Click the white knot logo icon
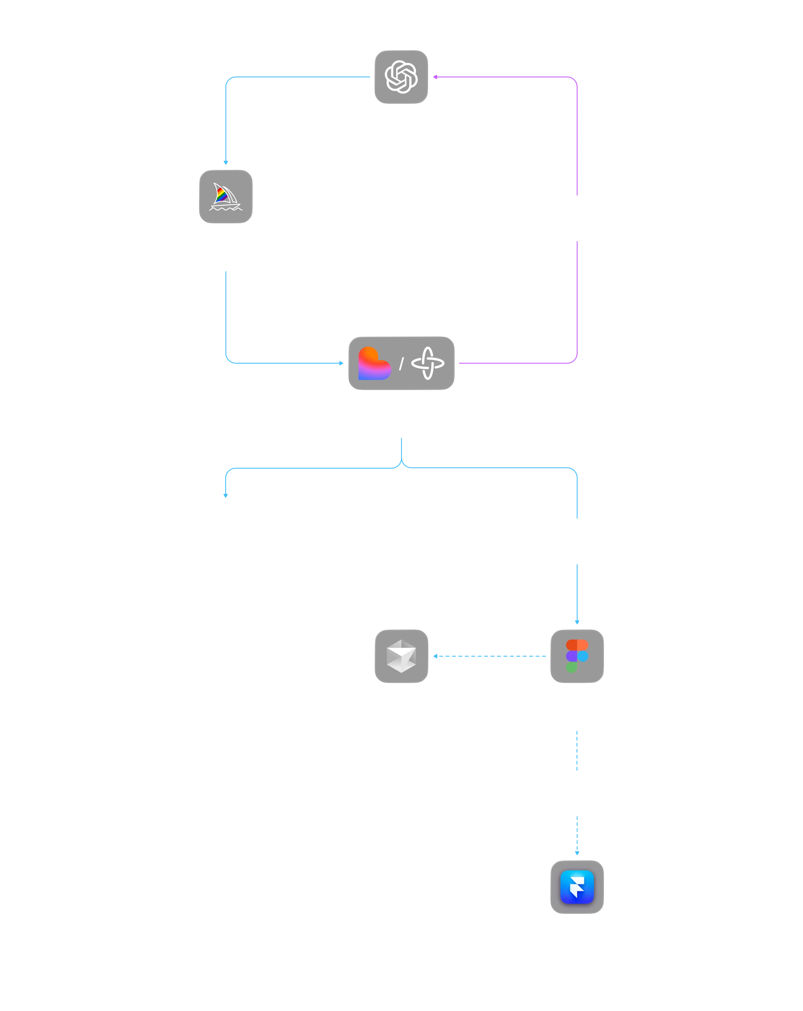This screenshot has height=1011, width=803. click(x=401, y=76)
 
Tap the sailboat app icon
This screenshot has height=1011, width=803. click(x=226, y=197)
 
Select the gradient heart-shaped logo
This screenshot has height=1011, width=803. click(x=374, y=363)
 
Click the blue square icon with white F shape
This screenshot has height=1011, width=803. click(x=576, y=887)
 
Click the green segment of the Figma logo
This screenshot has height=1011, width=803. click(x=571, y=667)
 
